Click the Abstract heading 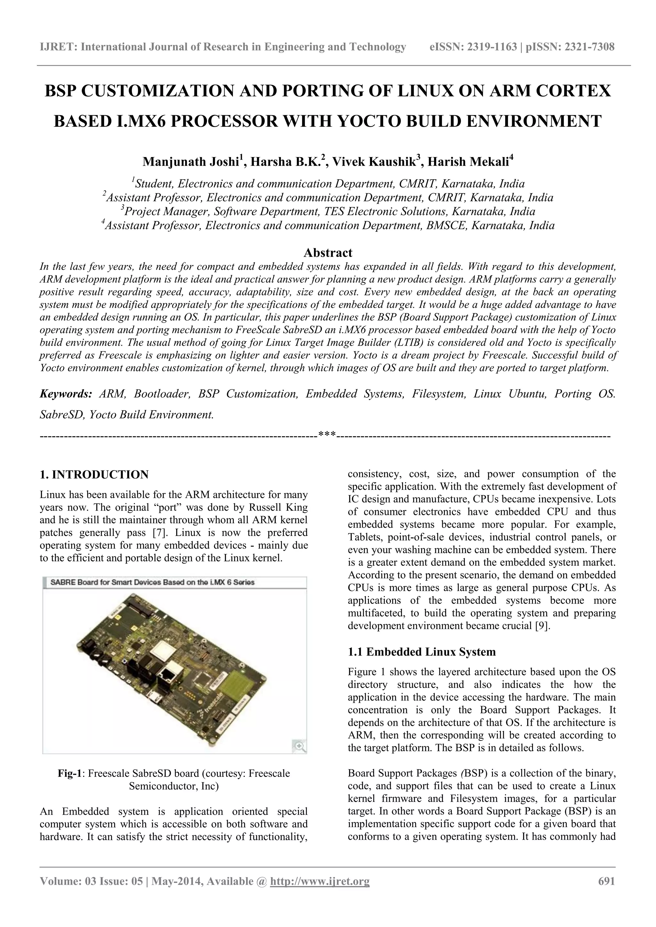(x=328, y=253)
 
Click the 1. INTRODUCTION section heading (x=94, y=475)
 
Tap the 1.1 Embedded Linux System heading (x=422, y=651)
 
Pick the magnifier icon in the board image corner (x=299, y=746)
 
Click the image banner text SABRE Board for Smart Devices (x=152, y=582)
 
